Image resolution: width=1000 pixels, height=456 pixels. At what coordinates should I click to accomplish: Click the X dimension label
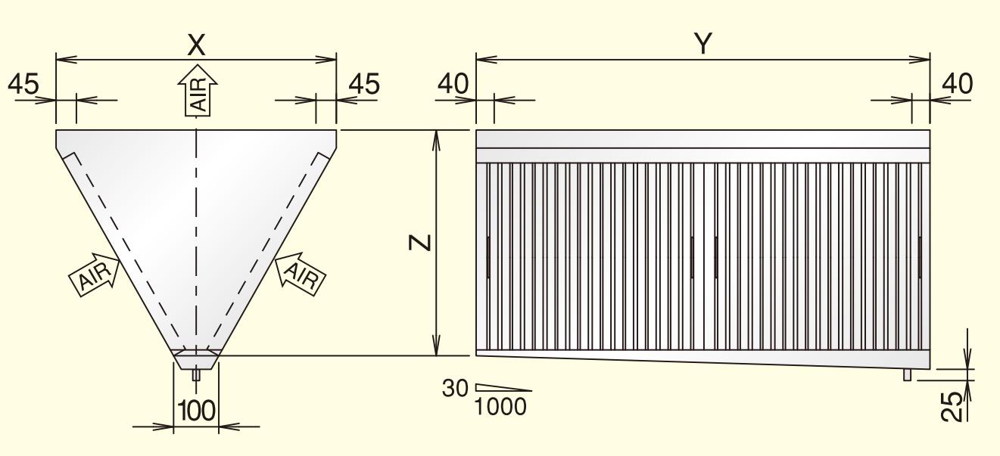coord(196,45)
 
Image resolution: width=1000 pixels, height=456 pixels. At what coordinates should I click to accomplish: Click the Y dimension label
coord(703,44)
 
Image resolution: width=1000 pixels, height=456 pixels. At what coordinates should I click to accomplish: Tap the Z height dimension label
coord(423,242)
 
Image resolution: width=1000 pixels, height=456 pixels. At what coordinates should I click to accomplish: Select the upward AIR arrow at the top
coord(198,91)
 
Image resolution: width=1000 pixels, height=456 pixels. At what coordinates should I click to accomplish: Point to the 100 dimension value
coord(196,411)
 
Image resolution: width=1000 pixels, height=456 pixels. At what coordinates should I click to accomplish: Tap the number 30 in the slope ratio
coord(456,388)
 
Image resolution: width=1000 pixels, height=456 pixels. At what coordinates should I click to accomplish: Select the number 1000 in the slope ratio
coord(500,406)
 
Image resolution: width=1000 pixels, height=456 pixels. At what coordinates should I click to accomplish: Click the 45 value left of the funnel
coord(23,84)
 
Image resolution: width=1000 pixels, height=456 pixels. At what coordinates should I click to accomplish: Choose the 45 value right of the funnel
coord(363,84)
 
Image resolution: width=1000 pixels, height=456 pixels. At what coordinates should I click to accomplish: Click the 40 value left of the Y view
coord(453,84)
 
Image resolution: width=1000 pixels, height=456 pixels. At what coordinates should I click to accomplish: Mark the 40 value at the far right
coord(957,84)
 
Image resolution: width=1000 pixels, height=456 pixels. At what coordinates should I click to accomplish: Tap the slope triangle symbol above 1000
coord(503,388)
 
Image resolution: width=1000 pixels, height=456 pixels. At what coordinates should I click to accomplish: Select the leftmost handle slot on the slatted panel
coord(488,257)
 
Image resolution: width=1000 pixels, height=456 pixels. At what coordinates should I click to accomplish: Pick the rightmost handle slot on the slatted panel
coord(920,257)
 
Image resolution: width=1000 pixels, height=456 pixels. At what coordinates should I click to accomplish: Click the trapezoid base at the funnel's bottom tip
coord(196,359)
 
